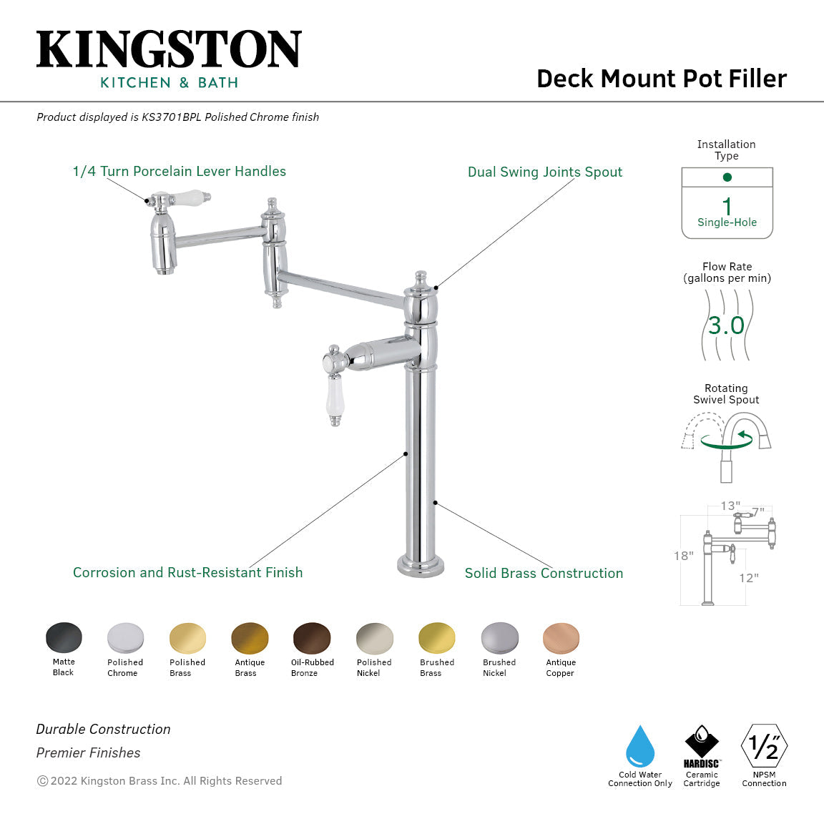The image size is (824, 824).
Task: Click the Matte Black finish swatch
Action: click(64, 637)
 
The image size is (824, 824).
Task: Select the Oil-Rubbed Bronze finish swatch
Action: click(312, 638)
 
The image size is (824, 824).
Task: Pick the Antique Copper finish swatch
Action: click(561, 638)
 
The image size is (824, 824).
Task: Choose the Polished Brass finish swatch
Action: click(187, 638)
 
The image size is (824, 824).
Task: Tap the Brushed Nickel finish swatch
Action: click(499, 638)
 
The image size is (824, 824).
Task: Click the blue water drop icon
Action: click(640, 747)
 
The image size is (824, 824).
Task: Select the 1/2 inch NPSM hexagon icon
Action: click(764, 747)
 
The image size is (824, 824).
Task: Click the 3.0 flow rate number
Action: click(727, 326)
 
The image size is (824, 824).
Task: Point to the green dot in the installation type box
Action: click(727, 177)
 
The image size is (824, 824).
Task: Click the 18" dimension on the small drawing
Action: click(683, 556)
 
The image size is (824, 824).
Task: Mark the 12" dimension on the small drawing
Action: click(749, 578)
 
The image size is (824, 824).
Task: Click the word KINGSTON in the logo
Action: click(169, 50)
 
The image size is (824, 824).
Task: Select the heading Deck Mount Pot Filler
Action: click(662, 78)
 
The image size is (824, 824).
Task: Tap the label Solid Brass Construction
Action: click(544, 573)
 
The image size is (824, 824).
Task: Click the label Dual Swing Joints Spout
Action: click(545, 172)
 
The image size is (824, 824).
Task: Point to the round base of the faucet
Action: click(421, 566)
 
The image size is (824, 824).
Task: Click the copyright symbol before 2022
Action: click(42, 781)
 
